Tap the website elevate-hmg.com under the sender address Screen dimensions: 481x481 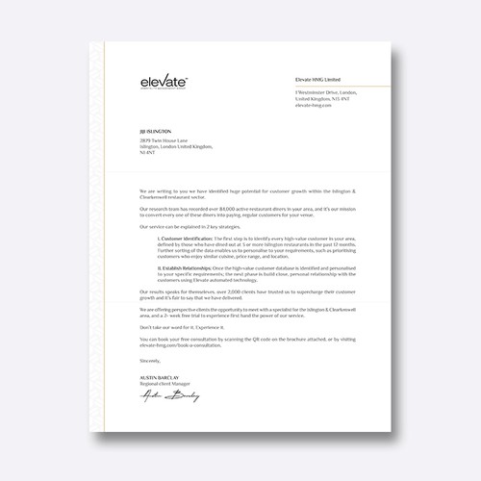(314, 106)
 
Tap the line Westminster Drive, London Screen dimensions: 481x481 (323, 94)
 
